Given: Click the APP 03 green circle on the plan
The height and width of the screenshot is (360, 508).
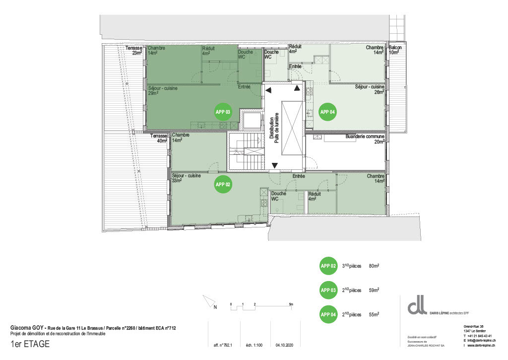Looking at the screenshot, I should point(223,112).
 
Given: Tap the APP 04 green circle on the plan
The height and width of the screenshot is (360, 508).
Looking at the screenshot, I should point(327,112).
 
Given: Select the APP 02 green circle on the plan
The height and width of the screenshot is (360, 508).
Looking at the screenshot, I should point(223,184).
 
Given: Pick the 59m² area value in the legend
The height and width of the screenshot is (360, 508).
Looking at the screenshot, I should point(374,290).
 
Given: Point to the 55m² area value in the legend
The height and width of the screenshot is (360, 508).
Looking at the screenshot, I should point(374,314).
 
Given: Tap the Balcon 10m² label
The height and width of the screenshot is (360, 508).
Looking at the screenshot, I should point(395,50).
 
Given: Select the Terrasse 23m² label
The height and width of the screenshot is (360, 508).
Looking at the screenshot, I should point(134,50).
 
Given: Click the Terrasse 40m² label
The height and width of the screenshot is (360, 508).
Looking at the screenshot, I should point(158,138).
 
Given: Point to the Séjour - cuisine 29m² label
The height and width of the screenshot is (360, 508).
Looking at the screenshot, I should point(163,90).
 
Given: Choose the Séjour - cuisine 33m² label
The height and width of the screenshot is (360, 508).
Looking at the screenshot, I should point(186,178).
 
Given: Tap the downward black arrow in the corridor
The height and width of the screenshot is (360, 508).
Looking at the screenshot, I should point(275,165).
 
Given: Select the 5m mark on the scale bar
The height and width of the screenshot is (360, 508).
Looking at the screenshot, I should point(291,304).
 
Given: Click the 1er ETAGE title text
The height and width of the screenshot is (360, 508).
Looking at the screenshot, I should point(30,344).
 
